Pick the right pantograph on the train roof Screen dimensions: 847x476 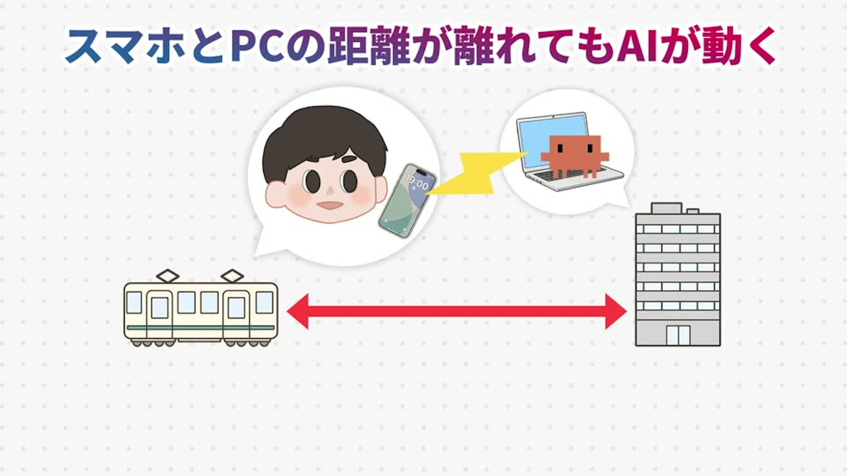pyautogui.click(x=232, y=276)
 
